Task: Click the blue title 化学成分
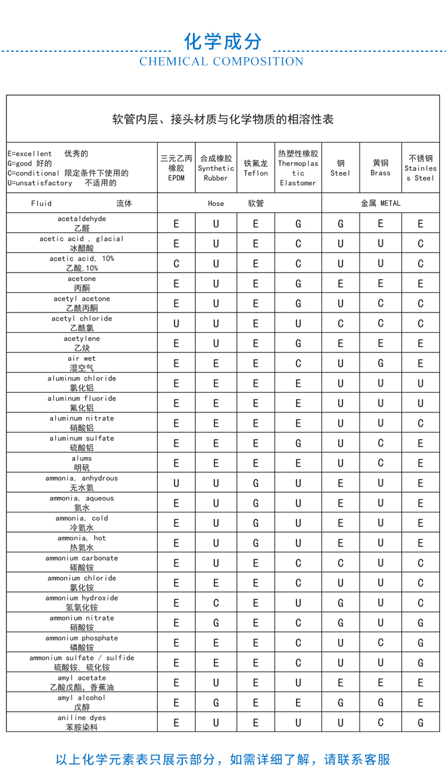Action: click(223, 42)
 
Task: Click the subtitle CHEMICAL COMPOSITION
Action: click(222, 62)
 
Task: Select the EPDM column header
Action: click(176, 168)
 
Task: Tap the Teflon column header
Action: click(255, 168)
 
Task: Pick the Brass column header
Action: click(380, 168)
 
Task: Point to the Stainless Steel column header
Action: click(420, 168)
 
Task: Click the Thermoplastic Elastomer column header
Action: click(298, 168)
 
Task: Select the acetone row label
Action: click(82, 283)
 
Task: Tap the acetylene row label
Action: click(82, 343)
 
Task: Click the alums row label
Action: click(82, 463)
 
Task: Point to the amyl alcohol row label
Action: click(82, 702)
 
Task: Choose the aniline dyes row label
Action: click(82, 723)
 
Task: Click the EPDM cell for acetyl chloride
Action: click(176, 324)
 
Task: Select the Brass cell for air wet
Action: click(380, 364)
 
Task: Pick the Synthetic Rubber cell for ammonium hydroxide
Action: click(216, 603)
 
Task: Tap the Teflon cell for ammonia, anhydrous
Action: click(255, 483)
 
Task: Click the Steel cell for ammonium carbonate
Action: click(341, 563)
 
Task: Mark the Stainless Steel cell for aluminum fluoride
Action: click(420, 404)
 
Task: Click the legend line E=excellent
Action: click(48, 154)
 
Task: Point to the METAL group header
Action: click(380, 204)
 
